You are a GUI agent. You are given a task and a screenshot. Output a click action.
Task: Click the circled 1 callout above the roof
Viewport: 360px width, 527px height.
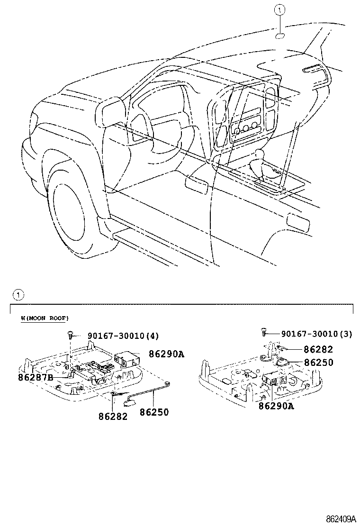[280, 8]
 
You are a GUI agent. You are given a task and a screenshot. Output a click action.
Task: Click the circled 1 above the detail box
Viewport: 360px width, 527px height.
[18, 295]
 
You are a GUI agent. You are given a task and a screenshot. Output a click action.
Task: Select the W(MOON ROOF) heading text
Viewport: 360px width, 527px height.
[45, 318]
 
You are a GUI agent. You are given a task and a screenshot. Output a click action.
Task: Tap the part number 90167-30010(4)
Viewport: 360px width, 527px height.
[123, 336]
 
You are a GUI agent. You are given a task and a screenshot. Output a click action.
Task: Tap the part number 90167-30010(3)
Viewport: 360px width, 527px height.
[316, 334]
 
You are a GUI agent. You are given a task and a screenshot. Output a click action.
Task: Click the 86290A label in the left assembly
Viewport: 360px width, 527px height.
[166, 354]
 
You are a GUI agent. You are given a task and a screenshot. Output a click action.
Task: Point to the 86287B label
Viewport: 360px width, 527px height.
[36, 378]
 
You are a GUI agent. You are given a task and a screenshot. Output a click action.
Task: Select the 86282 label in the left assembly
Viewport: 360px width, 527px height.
[113, 417]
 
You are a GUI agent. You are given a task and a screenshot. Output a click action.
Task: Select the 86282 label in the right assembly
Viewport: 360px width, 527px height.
[318, 349]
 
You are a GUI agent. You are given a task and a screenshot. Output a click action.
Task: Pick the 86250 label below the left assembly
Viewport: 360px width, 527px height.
[154, 412]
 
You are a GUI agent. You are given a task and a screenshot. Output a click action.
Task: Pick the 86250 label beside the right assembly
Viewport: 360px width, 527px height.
[318, 363]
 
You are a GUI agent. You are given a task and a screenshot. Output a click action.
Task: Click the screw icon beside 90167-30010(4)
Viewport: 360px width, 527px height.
[70, 335]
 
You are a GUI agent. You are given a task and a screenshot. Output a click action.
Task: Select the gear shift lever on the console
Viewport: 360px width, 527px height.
[259, 157]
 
